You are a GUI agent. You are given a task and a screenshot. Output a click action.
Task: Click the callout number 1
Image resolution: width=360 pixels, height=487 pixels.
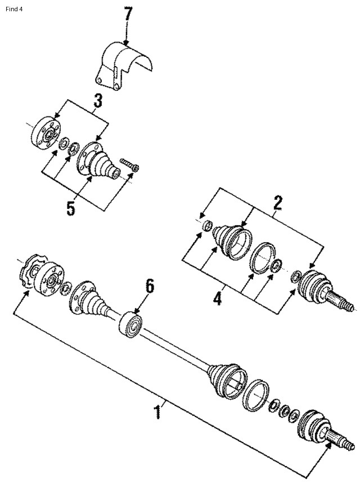[x=158, y=413]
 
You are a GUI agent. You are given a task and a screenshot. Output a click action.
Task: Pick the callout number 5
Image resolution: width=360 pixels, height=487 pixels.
[x=70, y=208]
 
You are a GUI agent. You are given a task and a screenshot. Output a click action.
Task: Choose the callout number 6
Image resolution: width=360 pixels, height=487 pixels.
[x=149, y=286]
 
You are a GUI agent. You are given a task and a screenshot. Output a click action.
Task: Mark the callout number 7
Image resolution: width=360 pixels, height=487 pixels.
[x=129, y=14]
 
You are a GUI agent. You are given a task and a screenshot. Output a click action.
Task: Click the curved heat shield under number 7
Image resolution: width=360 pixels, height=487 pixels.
[x=127, y=65]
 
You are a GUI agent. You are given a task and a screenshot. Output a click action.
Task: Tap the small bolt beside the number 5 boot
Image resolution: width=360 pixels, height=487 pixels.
[x=130, y=165]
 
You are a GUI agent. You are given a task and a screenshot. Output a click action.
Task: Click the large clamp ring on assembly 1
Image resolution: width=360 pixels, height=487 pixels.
[x=258, y=396]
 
